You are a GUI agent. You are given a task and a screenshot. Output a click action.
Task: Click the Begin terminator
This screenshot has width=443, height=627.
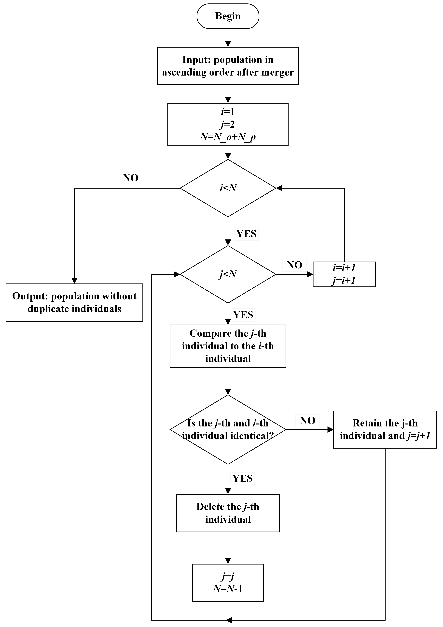pyautogui.click(x=228, y=16)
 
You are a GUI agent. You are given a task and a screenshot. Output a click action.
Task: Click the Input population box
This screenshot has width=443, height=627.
pyautogui.click(x=228, y=66)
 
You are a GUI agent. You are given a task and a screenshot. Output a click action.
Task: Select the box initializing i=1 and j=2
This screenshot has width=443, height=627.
pyautogui.click(x=228, y=124)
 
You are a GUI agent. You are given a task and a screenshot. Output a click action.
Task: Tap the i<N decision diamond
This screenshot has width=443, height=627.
pyautogui.click(x=228, y=188)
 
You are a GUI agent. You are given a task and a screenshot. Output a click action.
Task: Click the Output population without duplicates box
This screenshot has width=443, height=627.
pyautogui.click(x=74, y=302)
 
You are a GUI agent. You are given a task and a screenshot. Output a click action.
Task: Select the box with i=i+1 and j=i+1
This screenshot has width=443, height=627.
pyautogui.click(x=344, y=274)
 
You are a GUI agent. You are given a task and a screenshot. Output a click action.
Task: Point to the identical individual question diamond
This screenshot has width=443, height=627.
pyautogui.click(x=228, y=430)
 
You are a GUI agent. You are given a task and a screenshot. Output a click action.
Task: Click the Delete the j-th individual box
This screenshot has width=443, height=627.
pyautogui.click(x=228, y=513)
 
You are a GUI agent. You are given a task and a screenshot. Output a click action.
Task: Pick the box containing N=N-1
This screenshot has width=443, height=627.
pyautogui.click(x=228, y=582)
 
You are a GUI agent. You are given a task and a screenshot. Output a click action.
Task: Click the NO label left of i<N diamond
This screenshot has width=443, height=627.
pyautogui.click(x=131, y=178)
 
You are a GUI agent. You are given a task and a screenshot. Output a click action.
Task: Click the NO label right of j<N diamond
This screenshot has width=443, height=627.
pyautogui.click(x=294, y=265)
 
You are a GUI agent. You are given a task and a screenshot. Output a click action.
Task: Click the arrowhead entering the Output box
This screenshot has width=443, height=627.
pyautogui.click(x=74, y=281)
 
